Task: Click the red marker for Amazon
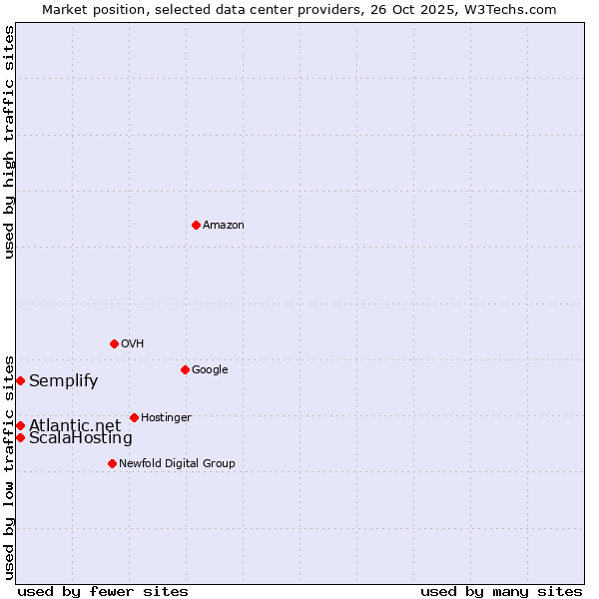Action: (x=196, y=225)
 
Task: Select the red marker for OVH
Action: (x=114, y=343)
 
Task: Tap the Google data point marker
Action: (x=185, y=369)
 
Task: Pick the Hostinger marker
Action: (x=134, y=417)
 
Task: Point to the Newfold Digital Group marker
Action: (x=112, y=463)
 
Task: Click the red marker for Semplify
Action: (x=20, y=380)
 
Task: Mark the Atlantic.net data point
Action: (x=20, y=425)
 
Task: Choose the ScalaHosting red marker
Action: (x=20, y=437)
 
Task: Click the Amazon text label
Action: (x=224, y=226)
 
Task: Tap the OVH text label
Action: (x=133, y=344)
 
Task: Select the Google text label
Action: (x=210, y=370)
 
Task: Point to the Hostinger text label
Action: (x=166, y=418)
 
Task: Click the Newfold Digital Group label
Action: (x=177, y=464)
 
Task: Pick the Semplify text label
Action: (x=63, y=380)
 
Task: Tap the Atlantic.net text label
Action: (x=75, y=425)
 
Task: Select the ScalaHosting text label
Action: (x=80, y=438)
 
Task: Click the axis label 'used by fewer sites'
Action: (x=103, y=591)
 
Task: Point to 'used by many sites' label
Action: (x=501, y=591)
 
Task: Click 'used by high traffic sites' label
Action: (x=9, y=142)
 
